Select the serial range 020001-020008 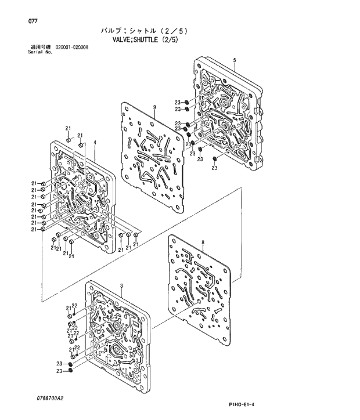pyautogui.click(x=71, y=48)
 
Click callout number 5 pyautogui.click(x=234, y=61)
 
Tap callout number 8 pyautogui.click(x=203, y=241)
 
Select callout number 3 pyautogui.click(x=121, y=286)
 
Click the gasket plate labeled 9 pyautogui.click(x=154, y=154)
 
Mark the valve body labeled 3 pyautogui.click(x=116, y=331)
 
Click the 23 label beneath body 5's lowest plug pyautogui.click(x=214, y=168)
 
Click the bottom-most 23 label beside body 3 pyautogui.click(x=59, y=371)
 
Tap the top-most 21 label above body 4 pyautogui.click(x=68, y=128)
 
